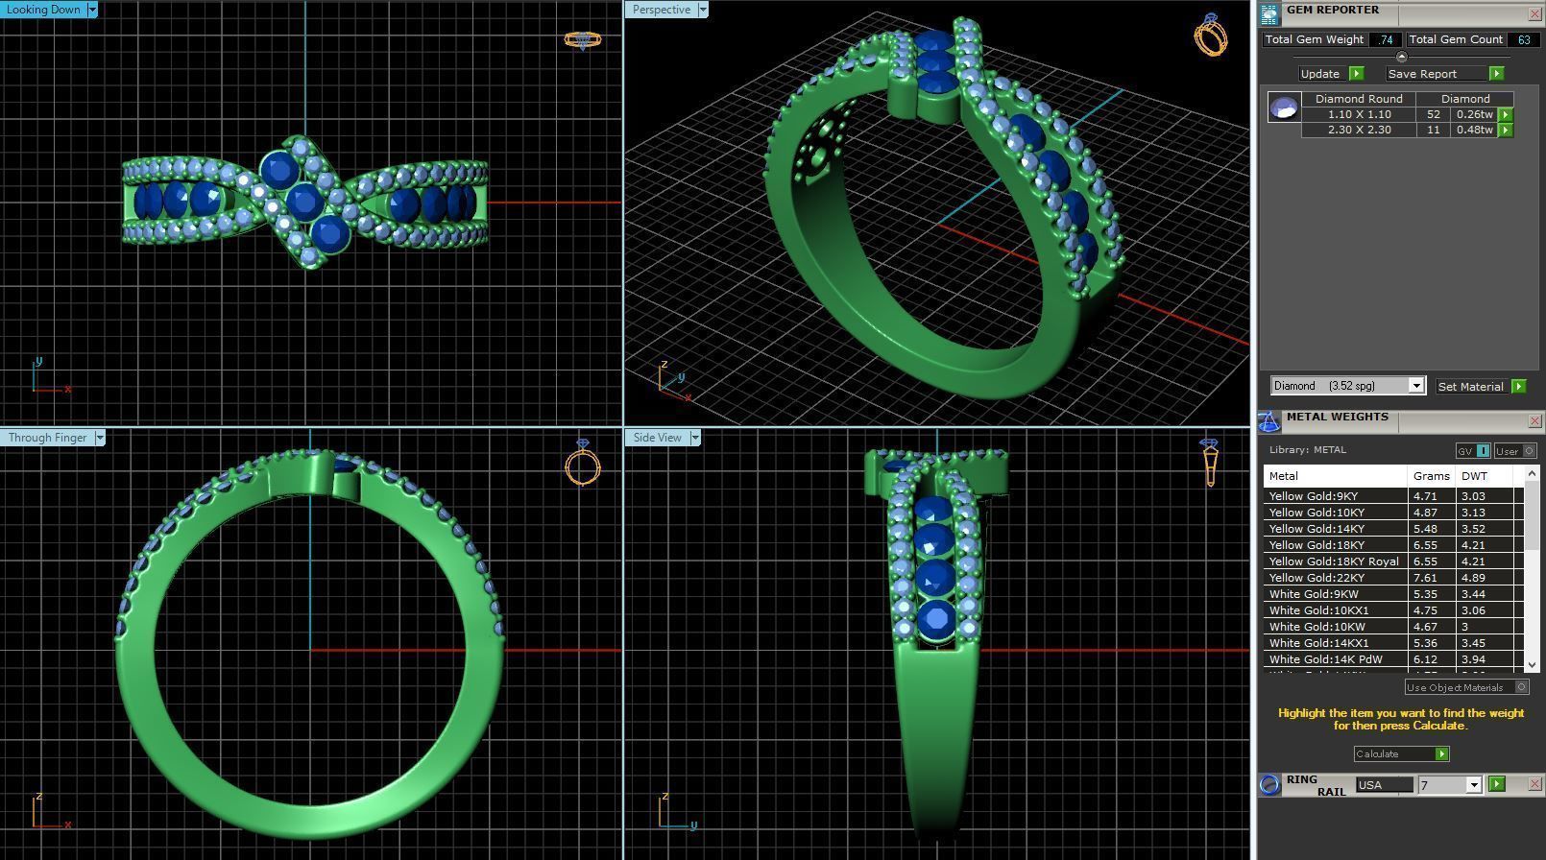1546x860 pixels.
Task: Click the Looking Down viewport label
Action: tap(44, 10)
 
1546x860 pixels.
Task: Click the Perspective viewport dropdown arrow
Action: tap(703, 10)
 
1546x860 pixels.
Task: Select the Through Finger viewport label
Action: tap(47, 438)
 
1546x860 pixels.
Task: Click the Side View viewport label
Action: tap(657, 438)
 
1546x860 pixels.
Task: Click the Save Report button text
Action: tap(1422, 74)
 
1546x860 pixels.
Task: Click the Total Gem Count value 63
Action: tap(1524, 39)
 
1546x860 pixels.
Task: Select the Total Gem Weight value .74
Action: tap(1385, 39)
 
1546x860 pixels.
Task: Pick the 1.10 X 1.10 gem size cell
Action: tap(1359, 114)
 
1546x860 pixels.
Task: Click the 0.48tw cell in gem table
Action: tap(1474, 130)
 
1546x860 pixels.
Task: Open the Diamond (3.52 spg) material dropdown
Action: tap(1415, 386)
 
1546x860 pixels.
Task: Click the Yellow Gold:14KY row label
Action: tap(1317, 529)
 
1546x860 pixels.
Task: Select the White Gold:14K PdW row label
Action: tap(1325, 659)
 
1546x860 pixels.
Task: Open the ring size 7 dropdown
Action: tap(1473, 785)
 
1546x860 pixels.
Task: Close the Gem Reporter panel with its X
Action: tap(1534, 13)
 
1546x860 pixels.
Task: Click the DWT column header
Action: tap(1474, 476)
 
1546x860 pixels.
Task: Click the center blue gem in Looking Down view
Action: tap(304, 202)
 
